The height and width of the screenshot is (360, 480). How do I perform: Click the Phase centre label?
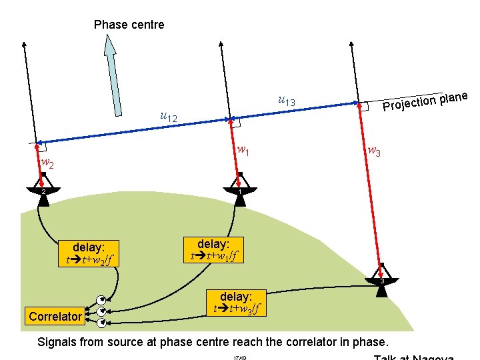tap(129, 25)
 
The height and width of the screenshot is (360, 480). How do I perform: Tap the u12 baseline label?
tap(169, 117)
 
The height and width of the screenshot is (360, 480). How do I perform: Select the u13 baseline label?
tap(286, 101)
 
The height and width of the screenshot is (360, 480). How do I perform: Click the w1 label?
tap(244, 151)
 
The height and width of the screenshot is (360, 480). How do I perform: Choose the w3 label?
tap(375, 153)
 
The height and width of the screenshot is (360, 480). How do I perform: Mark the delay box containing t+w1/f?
tap(215, 249)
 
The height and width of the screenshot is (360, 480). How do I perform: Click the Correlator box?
tap(55, 317)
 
